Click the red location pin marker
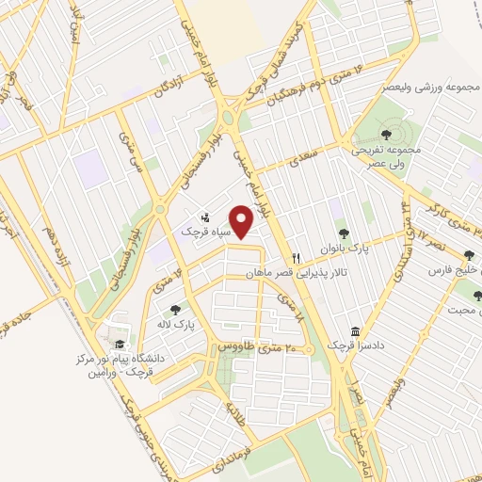tap(244, 222)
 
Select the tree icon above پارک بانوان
tap(343, 233)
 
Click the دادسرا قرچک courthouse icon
tap(355, 332)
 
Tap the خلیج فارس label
tap(452, 270)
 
